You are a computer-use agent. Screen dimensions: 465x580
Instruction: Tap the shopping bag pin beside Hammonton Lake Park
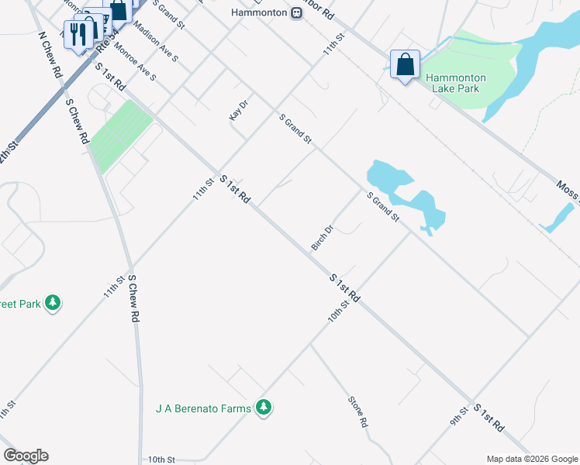coord(406,65)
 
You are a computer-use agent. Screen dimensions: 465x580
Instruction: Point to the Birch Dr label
coord(322,238)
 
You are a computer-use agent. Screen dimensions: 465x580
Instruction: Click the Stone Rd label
coord(357,413)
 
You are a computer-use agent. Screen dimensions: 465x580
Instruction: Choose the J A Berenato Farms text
coord(204,408)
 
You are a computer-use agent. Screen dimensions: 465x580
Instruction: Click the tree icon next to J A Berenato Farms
coord(264,408)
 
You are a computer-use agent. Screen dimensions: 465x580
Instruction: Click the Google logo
coord(26,456)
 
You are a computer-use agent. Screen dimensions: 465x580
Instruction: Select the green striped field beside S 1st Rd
coord(120,135)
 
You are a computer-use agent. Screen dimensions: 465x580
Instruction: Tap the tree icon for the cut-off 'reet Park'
coord(53,302)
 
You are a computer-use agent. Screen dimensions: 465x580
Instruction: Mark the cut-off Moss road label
coord(568,191)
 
